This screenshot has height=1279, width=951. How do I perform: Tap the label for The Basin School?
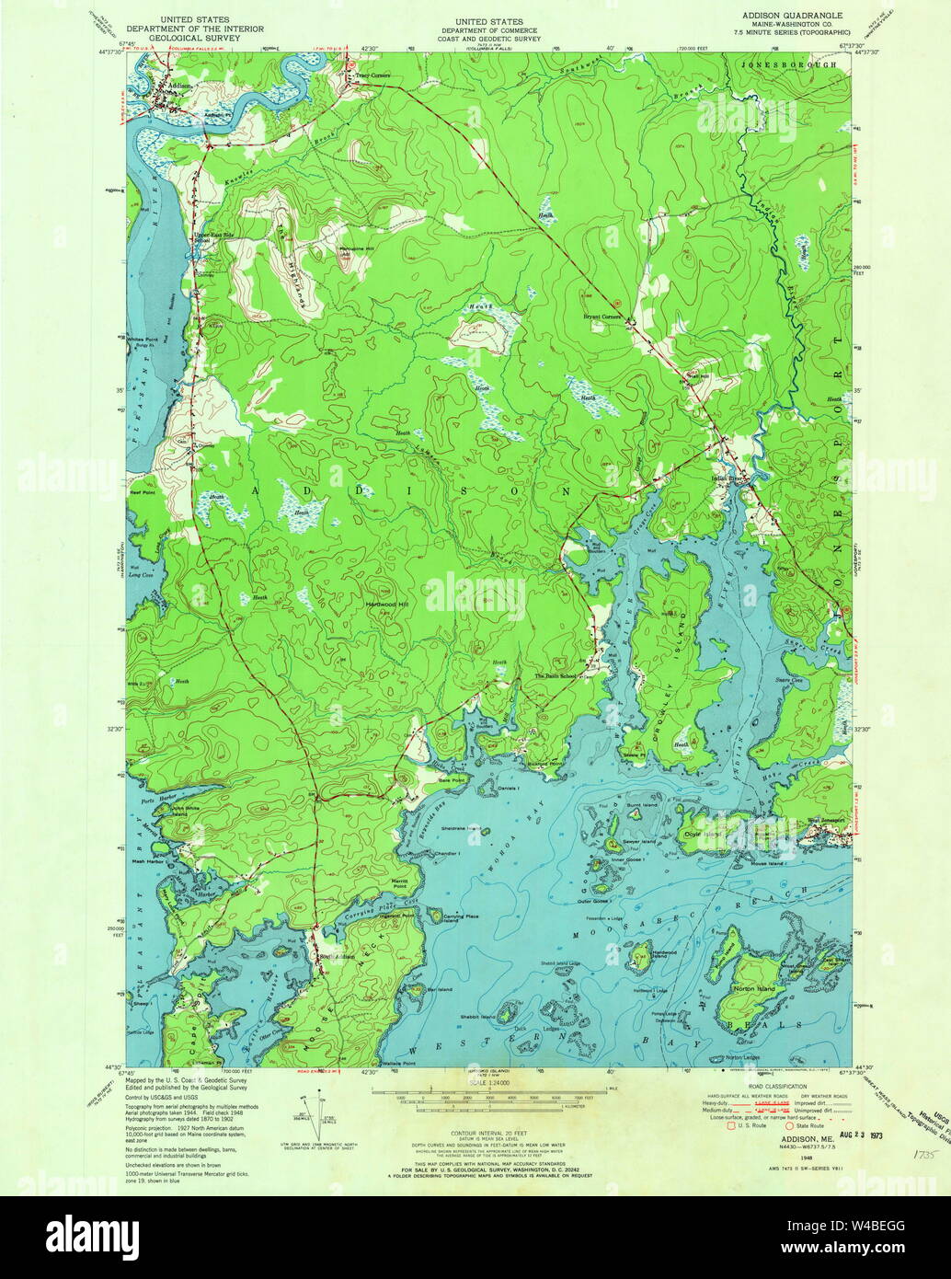pyautogui.click(x=556, y=675)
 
